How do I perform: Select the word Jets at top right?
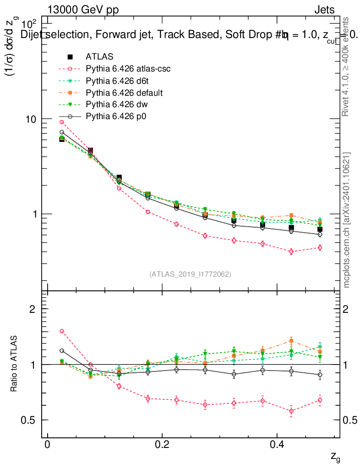click(324, 10)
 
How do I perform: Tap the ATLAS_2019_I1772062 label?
click(190, 274)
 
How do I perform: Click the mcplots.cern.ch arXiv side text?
click(347, 220)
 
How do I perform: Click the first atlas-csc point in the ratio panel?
click(62, 331)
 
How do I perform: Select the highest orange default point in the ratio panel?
click(291, 341)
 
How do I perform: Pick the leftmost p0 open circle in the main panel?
click(62, 132)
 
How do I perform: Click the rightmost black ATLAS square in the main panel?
click(320, 229)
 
